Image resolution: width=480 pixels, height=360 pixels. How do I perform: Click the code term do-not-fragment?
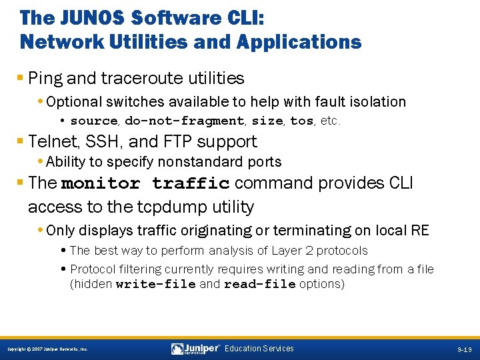184,121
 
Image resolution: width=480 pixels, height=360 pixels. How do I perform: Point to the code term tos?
301,121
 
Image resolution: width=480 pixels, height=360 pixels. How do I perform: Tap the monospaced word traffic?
191,183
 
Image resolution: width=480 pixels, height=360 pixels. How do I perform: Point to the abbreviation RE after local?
420,231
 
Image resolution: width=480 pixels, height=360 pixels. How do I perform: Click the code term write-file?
155,284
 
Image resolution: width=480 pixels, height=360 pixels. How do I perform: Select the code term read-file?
259,284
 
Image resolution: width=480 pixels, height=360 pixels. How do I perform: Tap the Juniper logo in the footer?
195,349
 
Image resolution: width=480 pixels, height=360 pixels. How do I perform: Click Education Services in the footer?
259,349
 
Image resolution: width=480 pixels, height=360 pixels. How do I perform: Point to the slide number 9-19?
465,349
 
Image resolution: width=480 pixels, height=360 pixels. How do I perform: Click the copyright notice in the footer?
47,349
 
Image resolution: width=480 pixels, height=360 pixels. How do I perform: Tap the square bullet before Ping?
23,79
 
